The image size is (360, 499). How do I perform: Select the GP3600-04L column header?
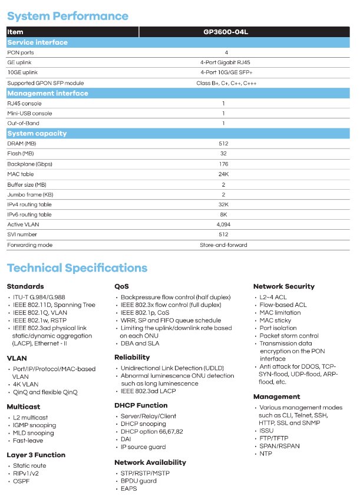tap(223, 32)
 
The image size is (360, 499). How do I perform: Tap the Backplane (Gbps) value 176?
tap(223, 164)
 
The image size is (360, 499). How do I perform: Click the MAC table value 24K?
tap(223, 174)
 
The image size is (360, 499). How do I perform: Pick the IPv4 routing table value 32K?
tap(223, 204)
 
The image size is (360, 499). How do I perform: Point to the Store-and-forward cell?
tap(223, 244)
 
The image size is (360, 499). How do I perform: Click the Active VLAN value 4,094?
tap(223, 224)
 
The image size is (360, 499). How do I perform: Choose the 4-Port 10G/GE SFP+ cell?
tap(223, 72)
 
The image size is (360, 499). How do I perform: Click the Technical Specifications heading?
tap(77, 269)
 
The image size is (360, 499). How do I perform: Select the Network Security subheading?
tap(284, 286)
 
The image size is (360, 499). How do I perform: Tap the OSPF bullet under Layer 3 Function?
tap(21, 481)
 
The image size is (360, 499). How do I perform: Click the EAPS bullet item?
tap(128, 488)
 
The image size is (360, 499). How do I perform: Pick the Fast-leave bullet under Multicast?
tap(28, 440)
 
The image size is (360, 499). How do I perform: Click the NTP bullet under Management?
tap(266, 454)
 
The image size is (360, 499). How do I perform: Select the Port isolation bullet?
tap(278, 328)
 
